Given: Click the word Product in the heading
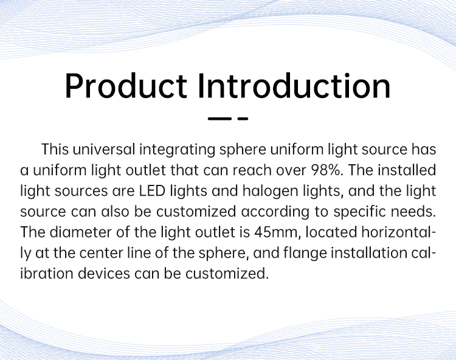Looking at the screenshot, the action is click(x=126, y=86).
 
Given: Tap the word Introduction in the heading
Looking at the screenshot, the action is click(x=294, y=86).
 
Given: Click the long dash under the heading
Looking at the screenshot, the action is click(x=219, y=119).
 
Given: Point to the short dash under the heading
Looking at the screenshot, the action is click(x=243, y=119).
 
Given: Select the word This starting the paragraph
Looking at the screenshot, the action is click(x=55, y=150).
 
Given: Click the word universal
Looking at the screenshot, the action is click(x=104, y=150).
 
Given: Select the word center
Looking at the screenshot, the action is click(x=101, y=254).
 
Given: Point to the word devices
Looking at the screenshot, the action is click(x=104, y=274).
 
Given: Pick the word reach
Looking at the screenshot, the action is click(x=252, y=170).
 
